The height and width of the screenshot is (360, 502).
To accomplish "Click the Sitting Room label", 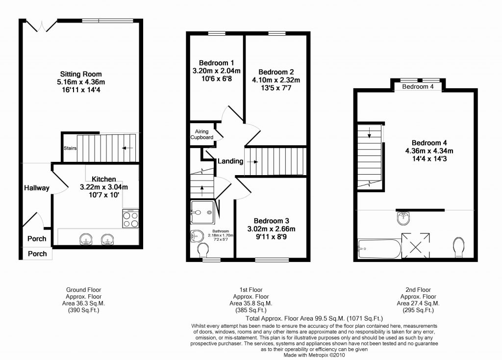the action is pyautogui.click(x=81, y=74).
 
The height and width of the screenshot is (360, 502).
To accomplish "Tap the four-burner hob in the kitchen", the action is pyautogui.click(x=130, y=219).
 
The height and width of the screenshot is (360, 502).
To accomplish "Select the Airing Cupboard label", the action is pyautogui.click(x=201, y=134).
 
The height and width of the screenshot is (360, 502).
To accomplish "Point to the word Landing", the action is pyautogui.click(x=230, y=161).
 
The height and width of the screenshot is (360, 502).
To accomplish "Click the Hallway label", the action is pyautogui.click(x=37, y=188).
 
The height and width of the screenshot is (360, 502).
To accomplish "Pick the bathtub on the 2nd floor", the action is pyautogui.click(x=379, y=249).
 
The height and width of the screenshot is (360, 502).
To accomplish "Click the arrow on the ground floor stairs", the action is pyautogui.click(x=128, y=148).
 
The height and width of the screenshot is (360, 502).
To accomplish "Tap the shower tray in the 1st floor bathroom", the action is pyautogui.click(x=202, y=212).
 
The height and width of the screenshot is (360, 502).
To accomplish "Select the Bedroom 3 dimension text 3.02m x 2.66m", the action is pyautogui.click(x=272, y=229).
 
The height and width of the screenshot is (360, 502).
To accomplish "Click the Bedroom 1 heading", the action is pyautogui.click(x=216, y=63).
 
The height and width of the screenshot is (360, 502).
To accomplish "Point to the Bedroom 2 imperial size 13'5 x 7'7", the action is pyautogui.click(x=276, y=88).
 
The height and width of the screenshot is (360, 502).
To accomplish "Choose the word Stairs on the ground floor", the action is pyautogui.click(x=70, y=148).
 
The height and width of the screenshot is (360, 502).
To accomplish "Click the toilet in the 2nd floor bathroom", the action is pyautogui.click(x=459, y=247).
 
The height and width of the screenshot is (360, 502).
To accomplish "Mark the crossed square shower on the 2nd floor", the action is pyautogui.click(x=416, y=246).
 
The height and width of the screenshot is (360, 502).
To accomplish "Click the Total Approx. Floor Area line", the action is pyautogui.click(x=314, y=318).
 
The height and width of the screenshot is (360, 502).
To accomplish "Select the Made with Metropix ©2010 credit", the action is pyautogui.click(x=314, y=355).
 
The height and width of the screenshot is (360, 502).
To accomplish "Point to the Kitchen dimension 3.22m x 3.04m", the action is pyautogui.click(x=104, y=187).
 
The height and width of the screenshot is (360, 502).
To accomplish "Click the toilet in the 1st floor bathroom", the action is pyautogui.click(x=202, y=250).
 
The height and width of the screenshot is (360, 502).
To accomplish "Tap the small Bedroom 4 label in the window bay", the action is pyautogui.click(x=418, y=86).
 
